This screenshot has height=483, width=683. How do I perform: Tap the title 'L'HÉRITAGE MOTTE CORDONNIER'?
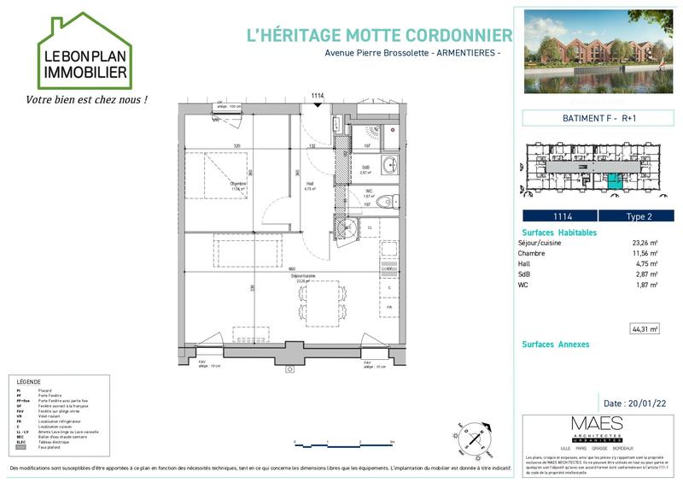point(378,36)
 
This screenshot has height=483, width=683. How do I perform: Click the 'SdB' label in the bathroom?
point(365,168)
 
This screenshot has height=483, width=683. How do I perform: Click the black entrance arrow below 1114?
point(318,105)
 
